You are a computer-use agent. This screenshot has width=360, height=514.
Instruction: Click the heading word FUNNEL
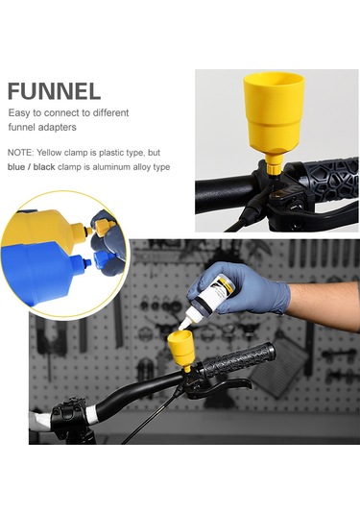[54, 91]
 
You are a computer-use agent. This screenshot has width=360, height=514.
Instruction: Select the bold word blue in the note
[15, 167]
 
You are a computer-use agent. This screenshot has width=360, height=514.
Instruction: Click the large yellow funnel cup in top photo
[274, 112]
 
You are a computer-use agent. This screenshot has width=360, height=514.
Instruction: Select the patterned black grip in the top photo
[323, 180]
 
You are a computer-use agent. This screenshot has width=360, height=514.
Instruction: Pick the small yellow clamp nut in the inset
[103, 226]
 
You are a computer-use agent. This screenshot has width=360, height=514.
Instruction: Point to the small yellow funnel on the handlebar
[181, 349]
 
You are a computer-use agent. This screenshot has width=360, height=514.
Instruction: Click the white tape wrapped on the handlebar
[91, 413]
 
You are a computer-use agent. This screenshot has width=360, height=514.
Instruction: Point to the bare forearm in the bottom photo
[324, 304]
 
